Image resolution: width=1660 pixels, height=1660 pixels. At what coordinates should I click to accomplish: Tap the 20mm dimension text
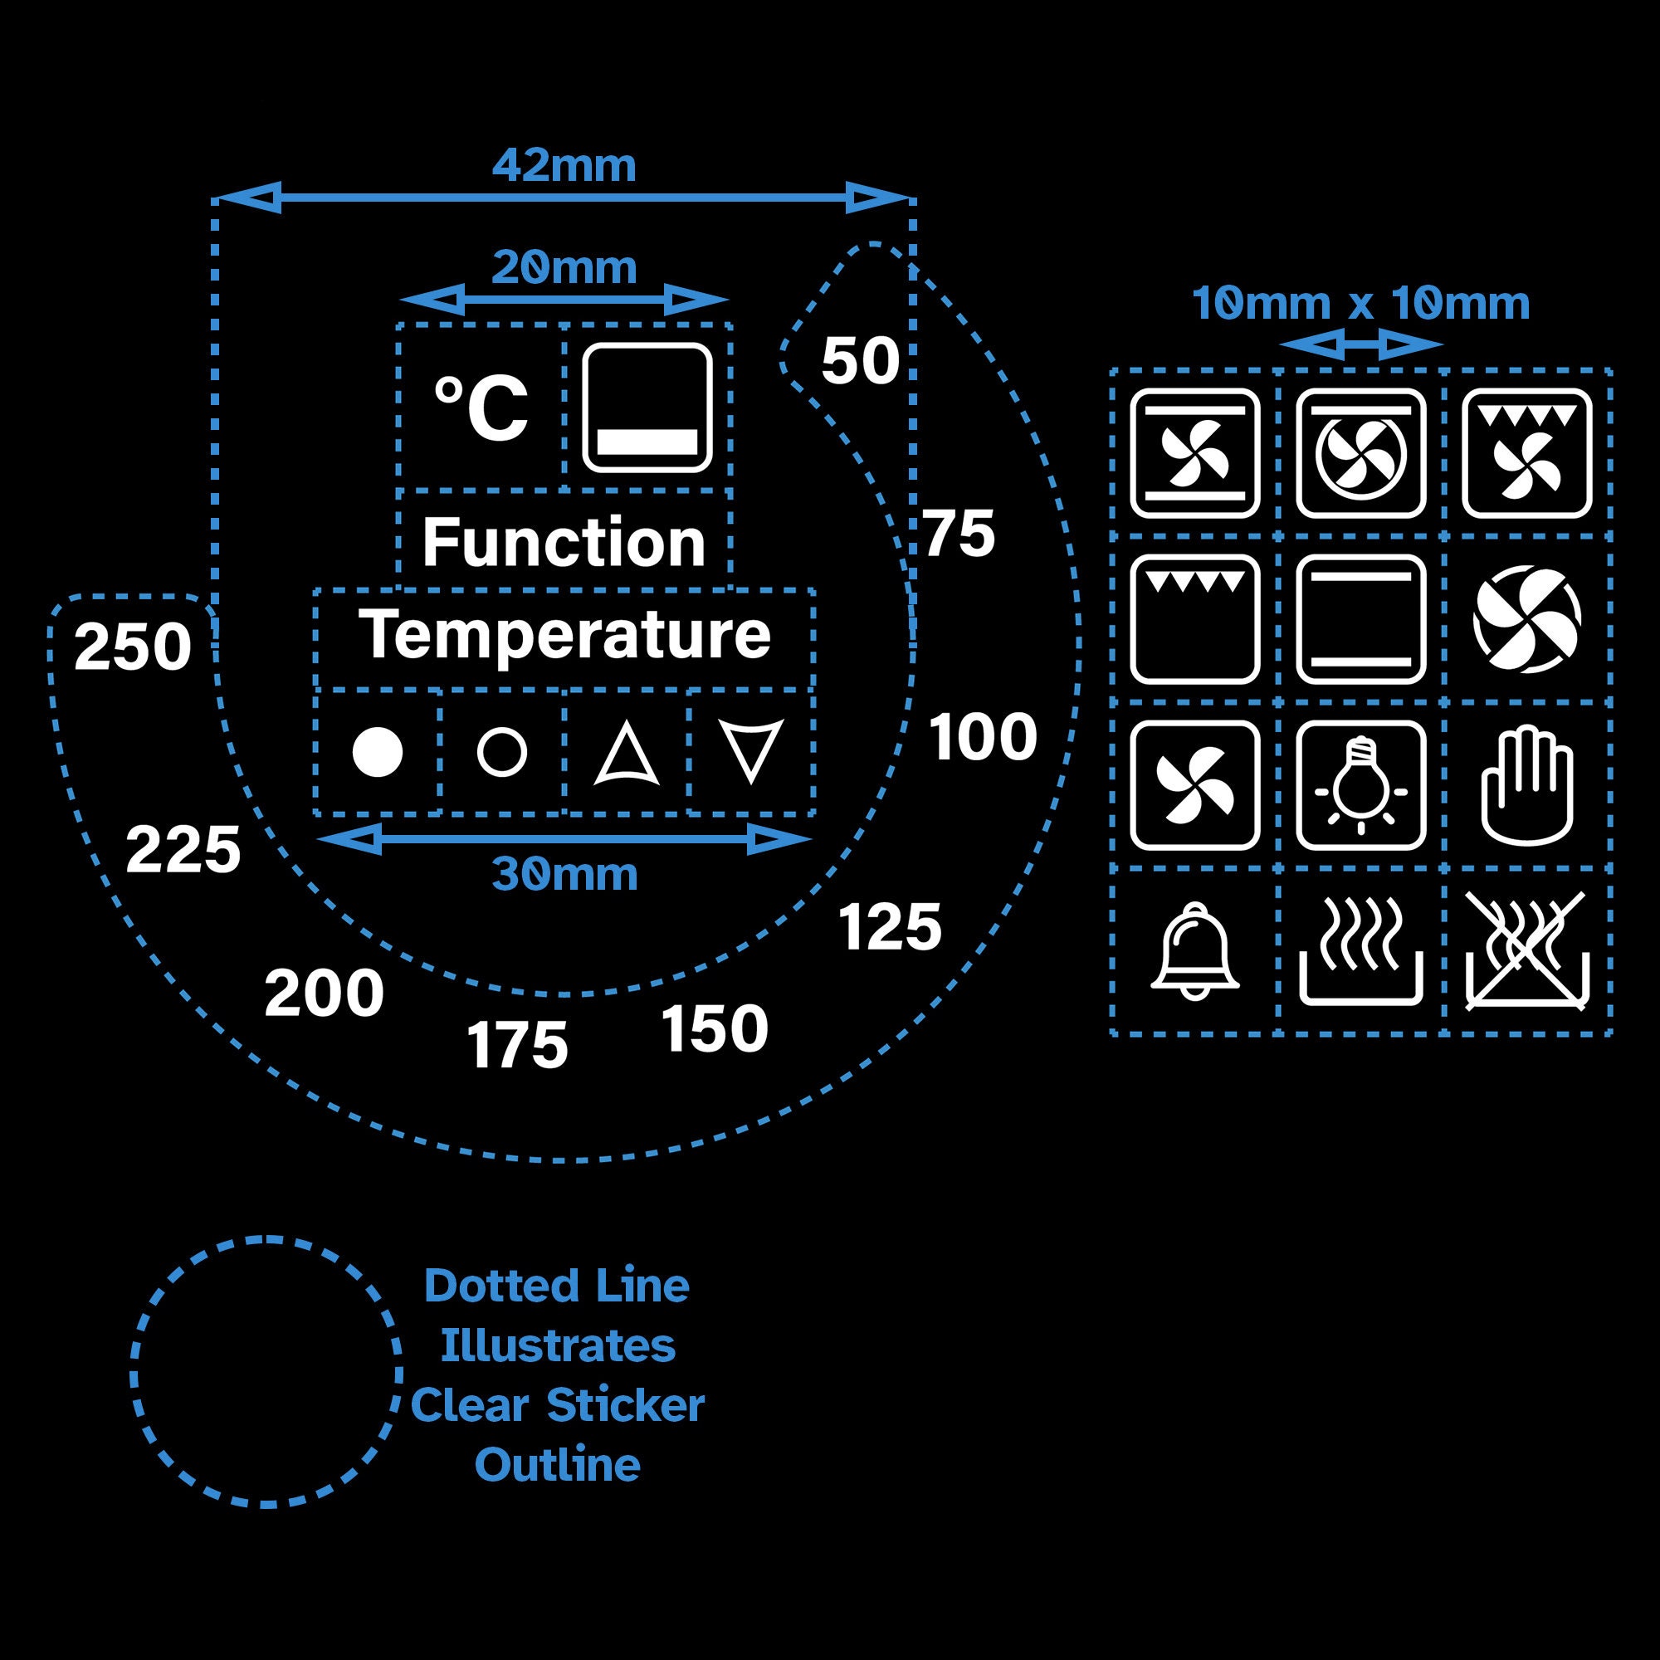coord(564,268)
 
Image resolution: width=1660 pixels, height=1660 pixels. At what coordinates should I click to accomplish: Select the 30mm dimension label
coord(564,875)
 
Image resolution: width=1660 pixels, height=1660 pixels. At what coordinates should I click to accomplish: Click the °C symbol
coord(481,408)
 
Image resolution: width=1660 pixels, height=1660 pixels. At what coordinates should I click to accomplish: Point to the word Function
coord(564,543)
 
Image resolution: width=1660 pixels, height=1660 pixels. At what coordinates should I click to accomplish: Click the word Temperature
coord(564,634)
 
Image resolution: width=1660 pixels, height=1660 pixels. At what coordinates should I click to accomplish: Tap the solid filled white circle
coord(377,752)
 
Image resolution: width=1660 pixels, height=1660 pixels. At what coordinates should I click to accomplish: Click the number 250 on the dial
coord(132,647)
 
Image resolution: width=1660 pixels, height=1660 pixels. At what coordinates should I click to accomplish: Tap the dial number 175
coord(517,1046)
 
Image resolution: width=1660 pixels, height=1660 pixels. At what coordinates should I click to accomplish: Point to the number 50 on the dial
coord(860,361)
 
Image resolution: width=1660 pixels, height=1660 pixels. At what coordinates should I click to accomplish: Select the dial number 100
coord(983,737)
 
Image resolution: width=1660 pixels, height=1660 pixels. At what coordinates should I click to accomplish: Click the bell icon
coord(1194,952)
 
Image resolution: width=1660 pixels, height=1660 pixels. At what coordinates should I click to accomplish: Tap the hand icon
coord(1527,786)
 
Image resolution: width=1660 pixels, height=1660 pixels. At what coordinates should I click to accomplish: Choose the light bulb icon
coord(1361,784)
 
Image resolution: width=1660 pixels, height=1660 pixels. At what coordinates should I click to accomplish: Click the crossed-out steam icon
coord(1527,951)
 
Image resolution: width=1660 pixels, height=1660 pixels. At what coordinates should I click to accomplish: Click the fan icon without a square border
coord(1527,618)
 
